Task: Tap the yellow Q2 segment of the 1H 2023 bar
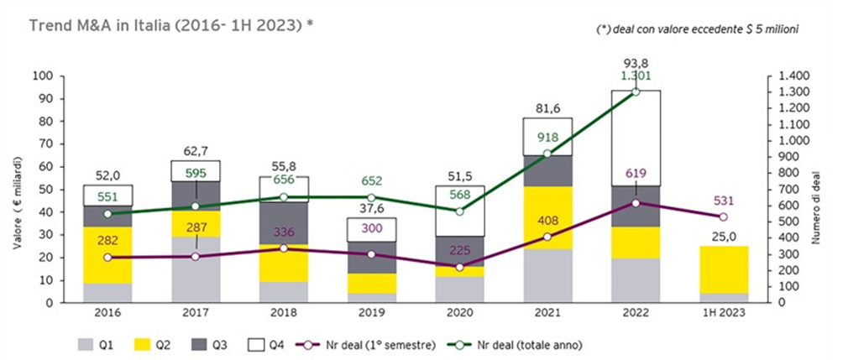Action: tap(724, 269)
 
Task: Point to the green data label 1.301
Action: tap(636, 76)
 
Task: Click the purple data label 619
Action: tap(636, 175)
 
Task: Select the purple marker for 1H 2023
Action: tap(724, 217)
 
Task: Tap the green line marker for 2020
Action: tap(458, 211)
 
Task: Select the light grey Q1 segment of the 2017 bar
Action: tap(195, 269)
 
